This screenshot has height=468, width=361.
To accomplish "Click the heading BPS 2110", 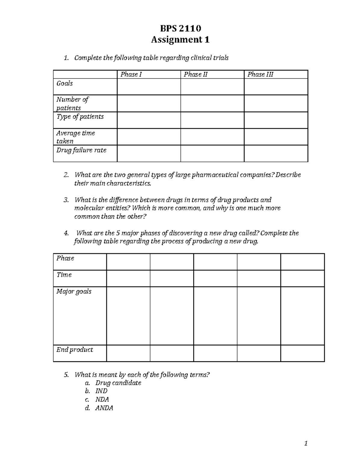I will (x=180, y=28).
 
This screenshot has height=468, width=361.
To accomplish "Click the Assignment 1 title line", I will (x=180, y=39).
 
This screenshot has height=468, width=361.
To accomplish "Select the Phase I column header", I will (x=131, y=74).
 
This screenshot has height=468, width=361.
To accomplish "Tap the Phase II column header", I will (x=196, y=74).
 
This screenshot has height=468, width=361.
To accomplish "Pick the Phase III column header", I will (x=260, y=74).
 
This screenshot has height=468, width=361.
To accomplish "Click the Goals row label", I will (x=65, y=83).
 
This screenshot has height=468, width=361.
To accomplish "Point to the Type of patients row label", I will (x=80, y=117).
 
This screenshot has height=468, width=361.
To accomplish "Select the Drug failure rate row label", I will (x=81, y=150).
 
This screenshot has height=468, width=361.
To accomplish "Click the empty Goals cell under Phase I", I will (x=149, y=87).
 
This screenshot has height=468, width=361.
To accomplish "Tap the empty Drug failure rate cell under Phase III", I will (x=276, y=153).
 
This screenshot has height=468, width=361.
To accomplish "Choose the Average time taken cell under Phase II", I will (x=212, y=137).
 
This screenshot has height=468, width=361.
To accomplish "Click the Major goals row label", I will (x=74, y=291).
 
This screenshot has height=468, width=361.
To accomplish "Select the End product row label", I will (x=75, y=350).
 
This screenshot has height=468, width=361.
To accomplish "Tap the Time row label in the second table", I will (x=64, y=275).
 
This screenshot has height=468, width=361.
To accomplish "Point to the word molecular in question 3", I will (x=87, y=208).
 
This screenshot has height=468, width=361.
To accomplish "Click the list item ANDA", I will (x=104, y=408).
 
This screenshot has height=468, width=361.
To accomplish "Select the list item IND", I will (x=101, y=391).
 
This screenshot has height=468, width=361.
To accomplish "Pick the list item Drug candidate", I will (x=118, y=383).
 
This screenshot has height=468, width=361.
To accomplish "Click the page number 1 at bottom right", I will (x=306, y=443).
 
